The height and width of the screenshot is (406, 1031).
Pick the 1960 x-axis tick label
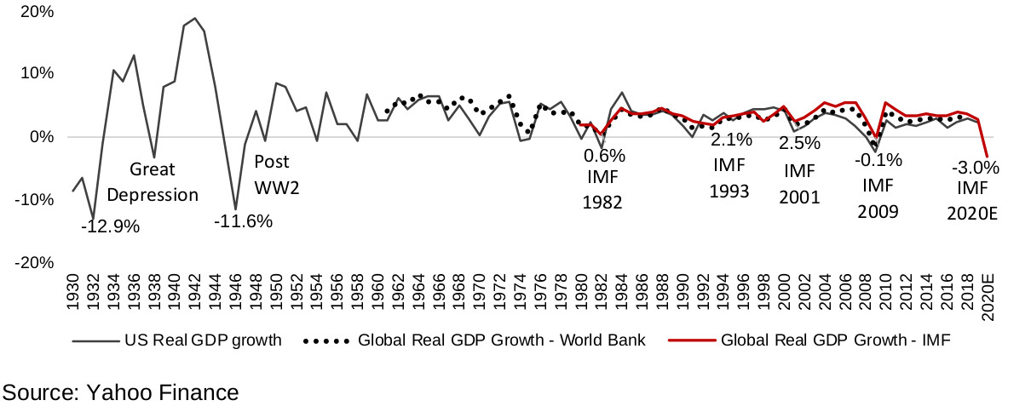coord(377,294)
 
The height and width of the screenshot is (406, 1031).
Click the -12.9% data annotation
coord(110,227)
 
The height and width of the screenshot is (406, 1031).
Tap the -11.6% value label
coord(243,222)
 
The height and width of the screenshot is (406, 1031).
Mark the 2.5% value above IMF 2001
coord(799,143)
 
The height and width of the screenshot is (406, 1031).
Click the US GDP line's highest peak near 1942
coord(195,18)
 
